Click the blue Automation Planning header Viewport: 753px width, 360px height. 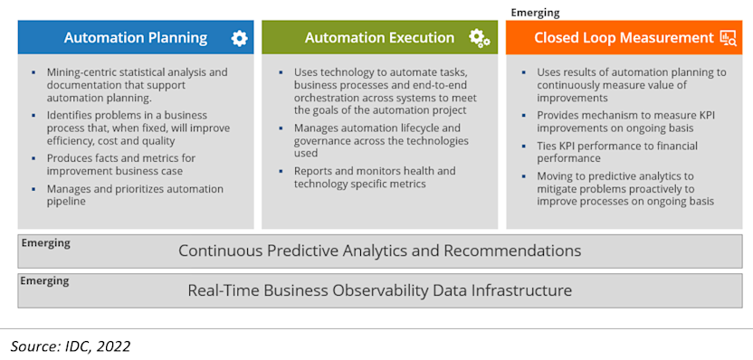(136, 38)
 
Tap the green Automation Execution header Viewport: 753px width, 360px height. (379, 38)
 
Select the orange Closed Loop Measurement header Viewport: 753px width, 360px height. (624, 38)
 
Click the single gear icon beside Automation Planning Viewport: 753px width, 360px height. (239, 38)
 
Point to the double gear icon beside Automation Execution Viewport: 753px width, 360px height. (480, 38)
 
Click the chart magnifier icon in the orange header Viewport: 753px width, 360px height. (728, 38)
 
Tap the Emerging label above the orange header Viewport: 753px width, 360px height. (535, 13)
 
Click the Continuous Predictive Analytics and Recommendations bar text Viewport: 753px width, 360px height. (379, 251)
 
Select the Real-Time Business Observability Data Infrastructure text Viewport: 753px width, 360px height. (379, 290)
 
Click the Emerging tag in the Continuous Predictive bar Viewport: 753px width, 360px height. (45, 243)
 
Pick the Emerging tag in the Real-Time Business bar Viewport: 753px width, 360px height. (45, 281)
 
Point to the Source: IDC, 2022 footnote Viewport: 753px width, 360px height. (71, 346)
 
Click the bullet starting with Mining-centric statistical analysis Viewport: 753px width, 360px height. (136, 84)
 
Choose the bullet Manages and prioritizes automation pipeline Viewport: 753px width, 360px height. (135, 195)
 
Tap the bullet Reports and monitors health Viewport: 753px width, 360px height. (374, 177)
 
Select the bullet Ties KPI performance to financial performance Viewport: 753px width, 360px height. (616, 152)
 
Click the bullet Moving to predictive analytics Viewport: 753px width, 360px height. (624, 189)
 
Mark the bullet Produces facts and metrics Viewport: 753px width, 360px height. (127, 165)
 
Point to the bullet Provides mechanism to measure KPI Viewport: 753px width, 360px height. (624, 121)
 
